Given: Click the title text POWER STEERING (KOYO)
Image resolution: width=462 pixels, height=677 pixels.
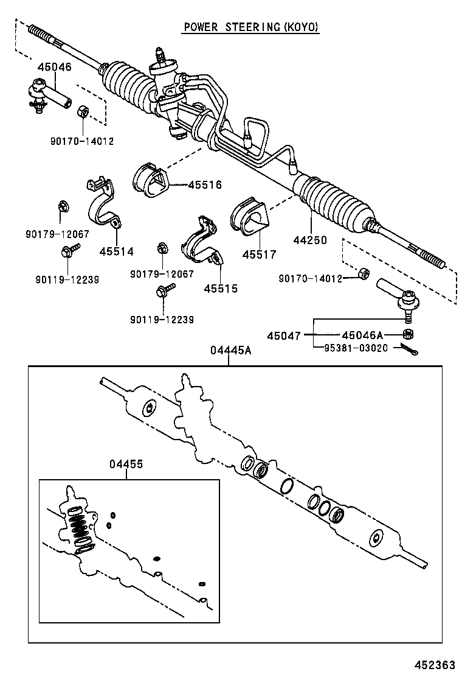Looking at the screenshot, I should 251,27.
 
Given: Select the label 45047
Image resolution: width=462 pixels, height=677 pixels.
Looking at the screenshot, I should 283,335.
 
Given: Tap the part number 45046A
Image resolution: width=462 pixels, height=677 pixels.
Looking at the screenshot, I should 362,335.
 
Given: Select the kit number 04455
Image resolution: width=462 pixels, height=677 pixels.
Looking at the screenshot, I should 126,464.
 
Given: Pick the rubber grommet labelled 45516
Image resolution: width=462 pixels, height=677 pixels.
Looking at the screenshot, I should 150,179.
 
